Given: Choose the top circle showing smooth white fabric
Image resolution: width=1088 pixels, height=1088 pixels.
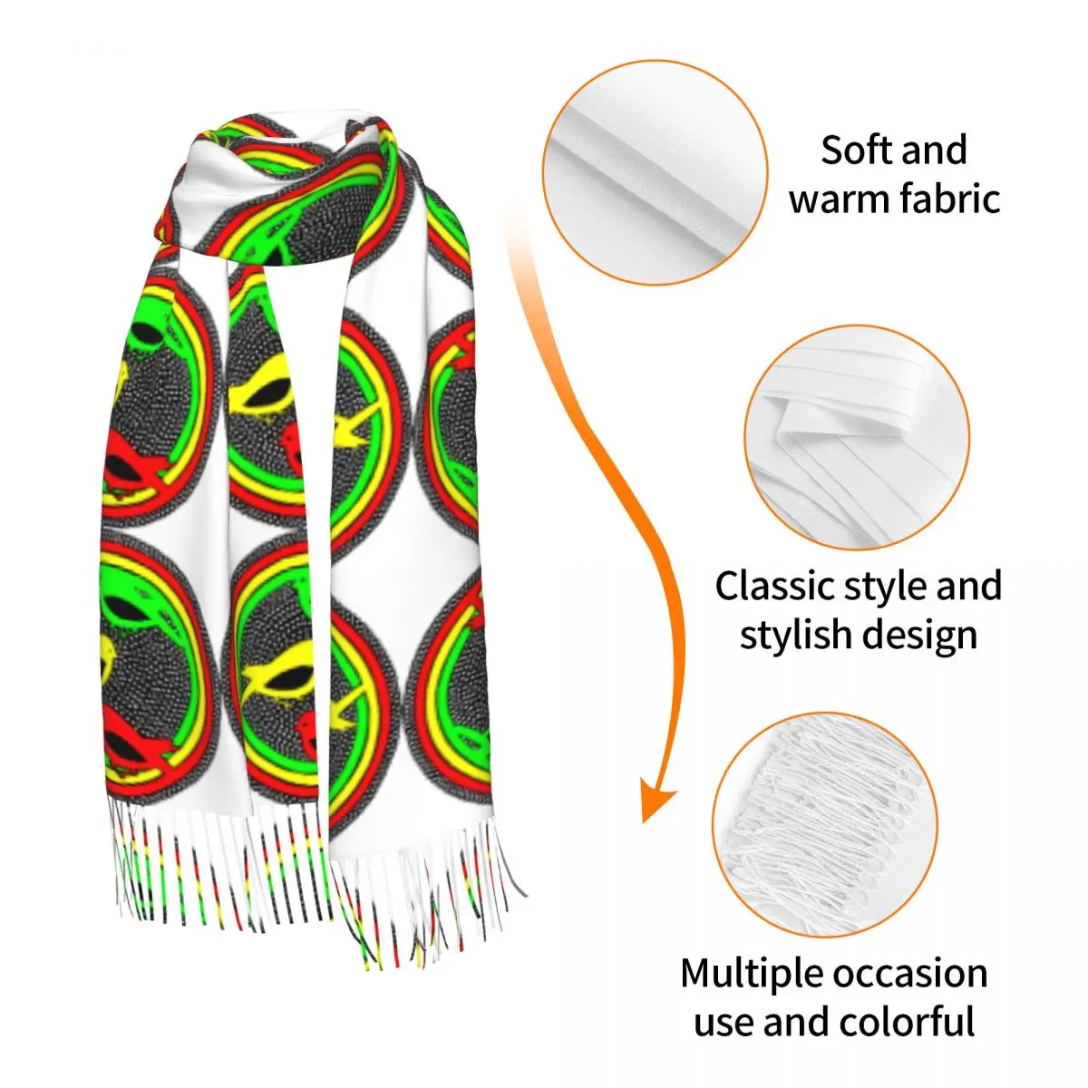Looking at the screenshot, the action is (x=655, y=173).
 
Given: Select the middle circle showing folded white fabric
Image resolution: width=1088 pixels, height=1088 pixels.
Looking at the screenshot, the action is (x=857, y=438).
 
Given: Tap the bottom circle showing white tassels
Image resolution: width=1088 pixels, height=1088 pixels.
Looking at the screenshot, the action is (x=824, y=823).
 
